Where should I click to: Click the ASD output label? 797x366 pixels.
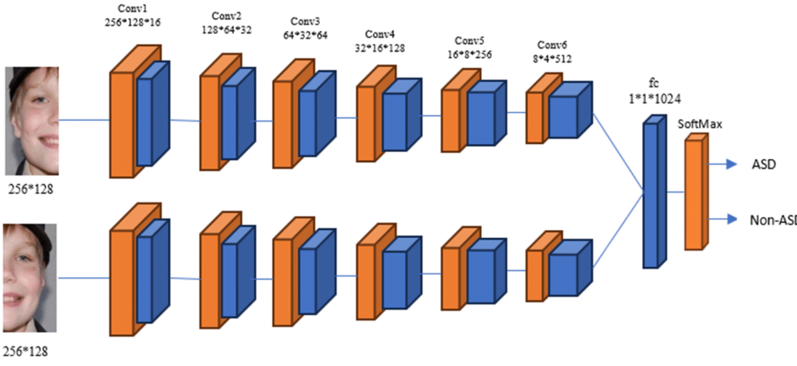pos(763,164)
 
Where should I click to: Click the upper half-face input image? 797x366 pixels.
pos(32,120)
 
